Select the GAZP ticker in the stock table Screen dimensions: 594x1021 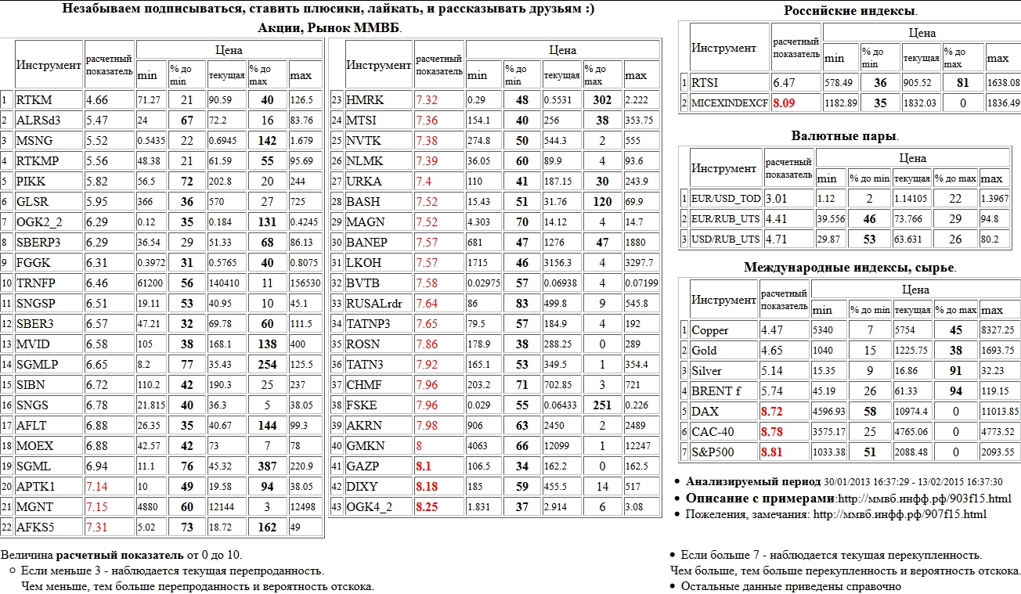point(364,466)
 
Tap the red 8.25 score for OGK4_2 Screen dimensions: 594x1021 point(428,507)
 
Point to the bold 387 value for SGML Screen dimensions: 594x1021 point(268,466)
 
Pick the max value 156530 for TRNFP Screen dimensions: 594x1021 point(305,283)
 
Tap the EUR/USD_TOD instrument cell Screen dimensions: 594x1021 point(726,199)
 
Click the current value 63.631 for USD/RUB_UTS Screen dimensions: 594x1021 point(912,239)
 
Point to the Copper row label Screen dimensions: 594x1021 point(710,330)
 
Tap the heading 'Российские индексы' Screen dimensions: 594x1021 point(850,11)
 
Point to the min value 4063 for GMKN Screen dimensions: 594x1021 point(477,446)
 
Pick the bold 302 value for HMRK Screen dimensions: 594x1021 point(602,100)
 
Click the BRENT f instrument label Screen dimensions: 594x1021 point(716,391)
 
